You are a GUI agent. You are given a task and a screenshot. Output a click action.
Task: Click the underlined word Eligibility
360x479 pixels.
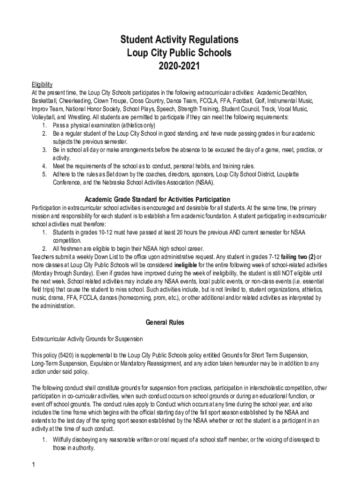pos(42,84)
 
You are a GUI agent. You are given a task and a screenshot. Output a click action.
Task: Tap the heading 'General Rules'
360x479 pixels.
pos(165,322)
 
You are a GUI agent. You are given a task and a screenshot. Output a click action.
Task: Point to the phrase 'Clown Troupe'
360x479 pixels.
pos(111,101)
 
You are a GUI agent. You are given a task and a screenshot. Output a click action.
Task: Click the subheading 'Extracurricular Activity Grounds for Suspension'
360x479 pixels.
pos(87,338)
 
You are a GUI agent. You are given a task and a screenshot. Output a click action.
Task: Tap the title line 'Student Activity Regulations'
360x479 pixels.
pos(180,39)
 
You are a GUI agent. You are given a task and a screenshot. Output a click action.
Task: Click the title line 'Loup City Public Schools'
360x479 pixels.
pos(180,53)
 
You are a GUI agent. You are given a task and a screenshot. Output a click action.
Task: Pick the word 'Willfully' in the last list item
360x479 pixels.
pos(64,439)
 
